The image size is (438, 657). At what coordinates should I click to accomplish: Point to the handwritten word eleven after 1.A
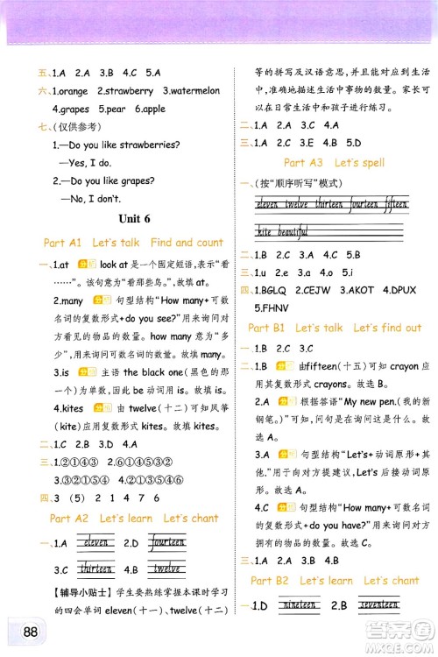click(x=91, y=543)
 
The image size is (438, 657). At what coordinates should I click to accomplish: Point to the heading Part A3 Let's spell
click(x=334, y=163)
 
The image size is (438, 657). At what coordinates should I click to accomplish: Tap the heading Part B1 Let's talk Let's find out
click(x=335, y=328)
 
